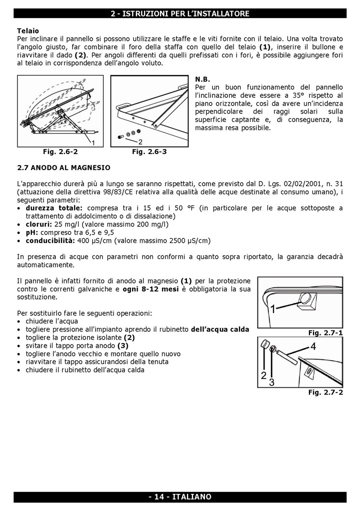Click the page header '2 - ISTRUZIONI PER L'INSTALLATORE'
[179, 14]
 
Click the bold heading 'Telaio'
[28, 30]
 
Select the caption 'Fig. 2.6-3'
[149, 152]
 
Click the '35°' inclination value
[298, 95]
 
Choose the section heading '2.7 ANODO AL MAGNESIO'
[63, 167]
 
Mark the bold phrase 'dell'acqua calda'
[220, 329]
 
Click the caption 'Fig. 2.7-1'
[325, 332]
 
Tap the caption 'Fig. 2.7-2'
[325, 392]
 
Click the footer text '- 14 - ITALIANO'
[179, 496]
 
